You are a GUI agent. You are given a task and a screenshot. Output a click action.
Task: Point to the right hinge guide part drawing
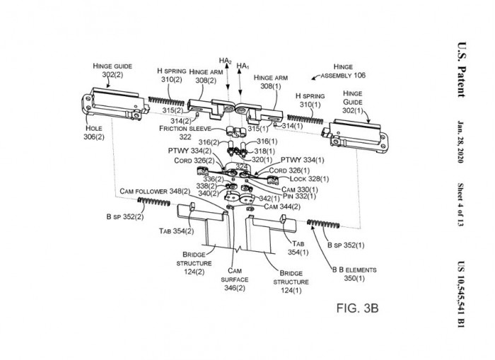tap(354, 130)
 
